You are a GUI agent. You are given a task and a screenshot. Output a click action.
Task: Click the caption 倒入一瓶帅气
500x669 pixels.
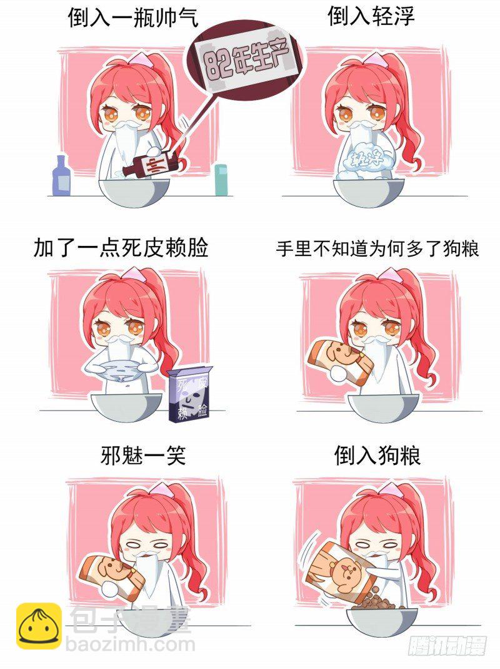pyautogui.click(x=133, y=18)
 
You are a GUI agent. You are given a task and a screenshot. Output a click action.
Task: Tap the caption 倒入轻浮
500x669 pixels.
pyautogui.click(x=371, y=16)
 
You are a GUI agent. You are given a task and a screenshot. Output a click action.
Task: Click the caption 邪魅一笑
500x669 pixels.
pyautogui.click(x=143, y=455)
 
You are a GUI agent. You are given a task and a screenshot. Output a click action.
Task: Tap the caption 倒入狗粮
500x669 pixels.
pyautogui.click(x=377, y=455)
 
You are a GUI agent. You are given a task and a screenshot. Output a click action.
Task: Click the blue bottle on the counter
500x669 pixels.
pyautogui.click(x=61, y=176)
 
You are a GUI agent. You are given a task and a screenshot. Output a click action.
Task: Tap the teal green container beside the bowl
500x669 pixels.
pyautogui.click(x=221, y=180)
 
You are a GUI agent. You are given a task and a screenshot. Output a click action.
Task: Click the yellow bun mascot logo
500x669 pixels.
pyautogui.click(x=39, y=625)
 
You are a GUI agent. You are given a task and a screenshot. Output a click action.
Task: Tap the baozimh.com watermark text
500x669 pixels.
pyautogui.click(x=130, y=644)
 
